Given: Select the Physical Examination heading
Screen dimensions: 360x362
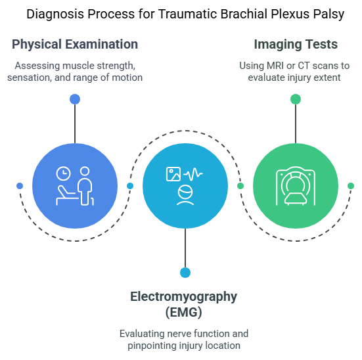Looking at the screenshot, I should click(75, 45).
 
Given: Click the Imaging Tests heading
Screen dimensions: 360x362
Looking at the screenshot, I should click(296, 45).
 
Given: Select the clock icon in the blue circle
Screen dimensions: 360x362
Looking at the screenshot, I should click(63, 173).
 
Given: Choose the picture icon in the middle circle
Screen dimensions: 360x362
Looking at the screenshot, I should click(173, 174).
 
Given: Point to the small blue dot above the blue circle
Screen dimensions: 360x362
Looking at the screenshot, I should click(75, 99).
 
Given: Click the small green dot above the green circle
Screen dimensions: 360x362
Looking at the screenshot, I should click(296, 99).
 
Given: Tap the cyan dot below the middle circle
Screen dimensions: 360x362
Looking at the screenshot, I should click(185, 272).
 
